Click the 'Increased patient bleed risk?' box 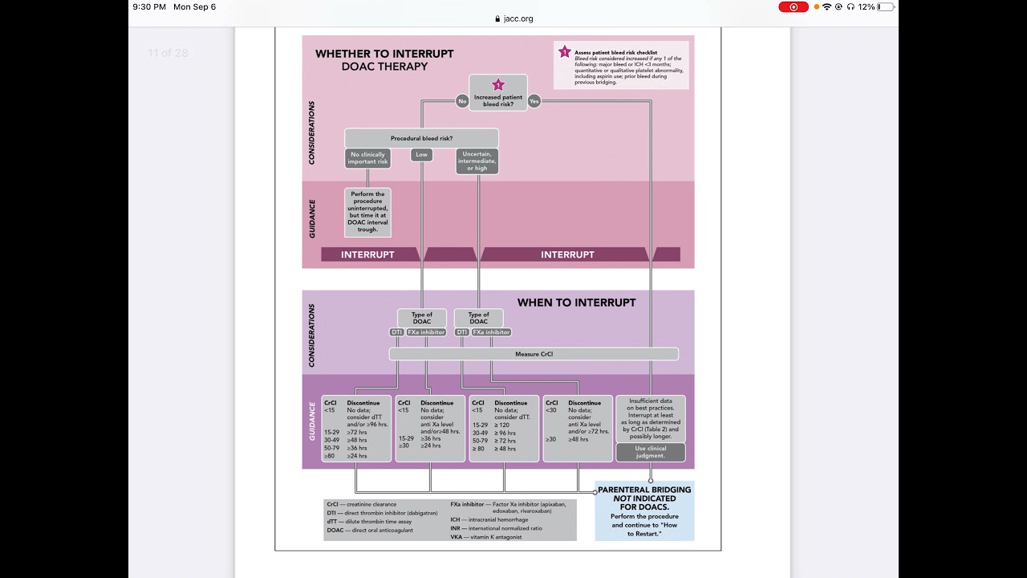[497, 93]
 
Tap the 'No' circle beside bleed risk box [462, 101]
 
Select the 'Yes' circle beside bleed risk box [534, 101]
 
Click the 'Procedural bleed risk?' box [421, 138]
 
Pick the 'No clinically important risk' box [367, 158]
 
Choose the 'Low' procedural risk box [421, 154]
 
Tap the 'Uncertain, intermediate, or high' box [477, 161]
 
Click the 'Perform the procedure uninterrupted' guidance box [367, 213]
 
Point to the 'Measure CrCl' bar [534, 354]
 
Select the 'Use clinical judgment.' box [650, 452]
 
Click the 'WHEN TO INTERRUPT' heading [576, 303]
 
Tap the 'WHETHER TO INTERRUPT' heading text [384, 54]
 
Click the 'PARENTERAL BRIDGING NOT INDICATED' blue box [644, 511]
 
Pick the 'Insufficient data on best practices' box [650, 417]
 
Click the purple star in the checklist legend [564, 52]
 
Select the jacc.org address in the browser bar [515, 18]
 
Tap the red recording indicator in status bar [793, 6]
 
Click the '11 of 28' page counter [168, 53]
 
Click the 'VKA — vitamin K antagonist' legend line [485, 537]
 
